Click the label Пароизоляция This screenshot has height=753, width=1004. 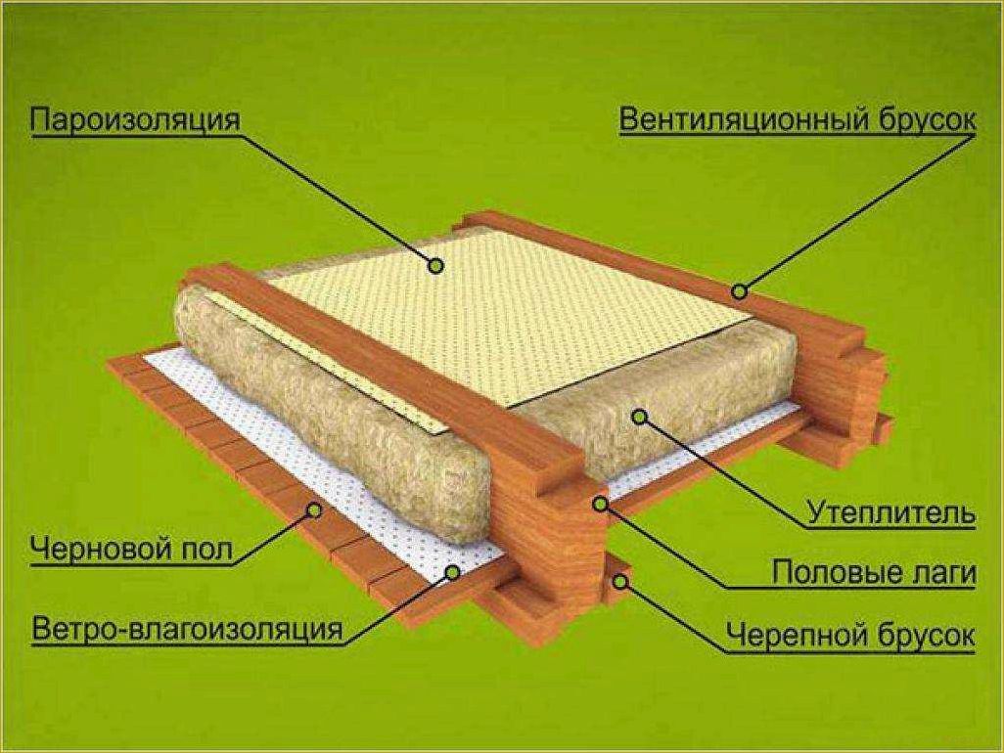(135, 119)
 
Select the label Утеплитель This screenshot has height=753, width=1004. (890, 513)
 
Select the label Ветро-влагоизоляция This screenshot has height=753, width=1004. (187, 628)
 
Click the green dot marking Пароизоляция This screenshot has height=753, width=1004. (436, 265)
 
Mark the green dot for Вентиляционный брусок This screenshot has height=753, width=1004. (740, 291)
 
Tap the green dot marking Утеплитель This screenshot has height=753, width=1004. (638, 417)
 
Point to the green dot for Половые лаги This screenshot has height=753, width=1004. (600, 505)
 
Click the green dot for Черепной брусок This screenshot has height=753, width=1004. (619, 581)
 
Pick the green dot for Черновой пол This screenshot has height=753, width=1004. (314, 509)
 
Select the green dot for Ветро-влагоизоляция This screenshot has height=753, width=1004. (453, 572)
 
